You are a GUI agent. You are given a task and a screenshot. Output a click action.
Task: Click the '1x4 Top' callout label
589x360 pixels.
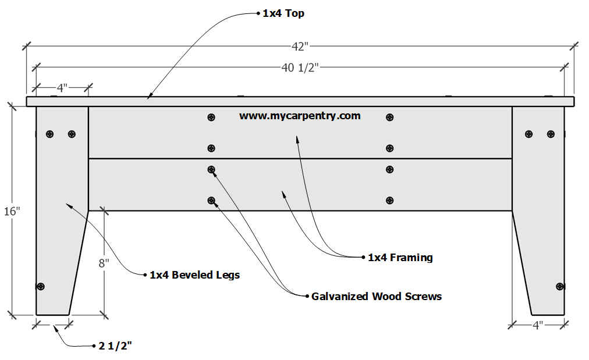(283, 13)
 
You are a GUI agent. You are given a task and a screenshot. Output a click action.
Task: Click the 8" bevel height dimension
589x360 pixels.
(104, 263)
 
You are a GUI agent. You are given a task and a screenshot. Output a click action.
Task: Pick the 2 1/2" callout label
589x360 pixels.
(115, 346)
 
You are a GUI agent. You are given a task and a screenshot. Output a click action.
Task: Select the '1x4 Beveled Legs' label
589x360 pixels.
(194, 275)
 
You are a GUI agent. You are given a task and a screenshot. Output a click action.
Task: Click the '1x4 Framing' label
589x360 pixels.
(400, 257)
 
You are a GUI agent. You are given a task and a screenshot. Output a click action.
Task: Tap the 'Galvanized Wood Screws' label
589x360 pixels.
(376, 296)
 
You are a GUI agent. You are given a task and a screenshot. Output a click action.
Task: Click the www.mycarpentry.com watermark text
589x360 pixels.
(300, 116)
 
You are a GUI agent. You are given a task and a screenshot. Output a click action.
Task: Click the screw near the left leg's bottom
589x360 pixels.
(41, 286)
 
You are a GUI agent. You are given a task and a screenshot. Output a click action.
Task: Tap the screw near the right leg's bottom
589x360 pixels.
(560, 286)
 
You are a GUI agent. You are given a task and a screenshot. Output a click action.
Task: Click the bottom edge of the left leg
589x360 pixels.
(52, 315)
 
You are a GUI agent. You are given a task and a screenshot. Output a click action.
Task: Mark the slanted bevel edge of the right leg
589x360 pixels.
(521, 262)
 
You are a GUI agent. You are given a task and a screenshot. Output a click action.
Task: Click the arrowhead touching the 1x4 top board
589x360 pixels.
(149, 97)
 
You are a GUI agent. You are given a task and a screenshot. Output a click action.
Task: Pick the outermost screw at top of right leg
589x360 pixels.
(551, 134)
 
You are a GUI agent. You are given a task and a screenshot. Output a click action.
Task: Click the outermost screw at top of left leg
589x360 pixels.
(50, 134)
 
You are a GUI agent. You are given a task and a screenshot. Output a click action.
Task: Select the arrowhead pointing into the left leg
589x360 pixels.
(68, 204)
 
